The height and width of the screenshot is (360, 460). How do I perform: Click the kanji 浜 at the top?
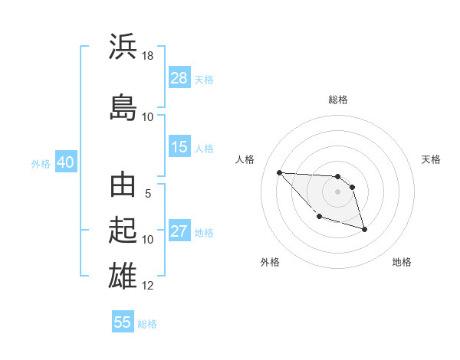point(123,47)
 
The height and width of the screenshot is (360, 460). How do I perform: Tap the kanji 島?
point(123,106)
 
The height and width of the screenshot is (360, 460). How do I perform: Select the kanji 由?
point(123,186)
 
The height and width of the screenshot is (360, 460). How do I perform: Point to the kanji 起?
point(123,231)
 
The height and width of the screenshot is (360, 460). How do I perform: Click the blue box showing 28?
point(179,78)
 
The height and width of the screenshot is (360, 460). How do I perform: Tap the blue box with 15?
point(179,147)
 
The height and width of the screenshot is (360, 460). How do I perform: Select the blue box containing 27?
point(179,232)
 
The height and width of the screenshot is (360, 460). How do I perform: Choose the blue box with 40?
point(65,162)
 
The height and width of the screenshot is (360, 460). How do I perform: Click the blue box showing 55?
point(123,322)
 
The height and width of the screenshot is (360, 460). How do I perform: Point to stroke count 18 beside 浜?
point(148,56)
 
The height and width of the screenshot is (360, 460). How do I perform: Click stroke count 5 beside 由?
point(148,194)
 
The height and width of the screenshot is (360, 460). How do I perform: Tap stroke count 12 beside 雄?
point(148,286)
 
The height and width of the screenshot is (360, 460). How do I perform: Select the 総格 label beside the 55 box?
point(147,323)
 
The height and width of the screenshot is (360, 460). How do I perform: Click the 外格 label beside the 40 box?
point(41,163)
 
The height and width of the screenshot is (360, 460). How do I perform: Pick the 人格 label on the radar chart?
point(245,159)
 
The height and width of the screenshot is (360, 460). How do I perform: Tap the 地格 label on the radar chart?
point(402,262)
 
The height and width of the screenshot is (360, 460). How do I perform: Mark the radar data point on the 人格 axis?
point(279,172)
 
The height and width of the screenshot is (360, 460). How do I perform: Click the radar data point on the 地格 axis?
point(364,229)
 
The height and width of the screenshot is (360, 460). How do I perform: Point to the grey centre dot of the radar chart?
point(337,191)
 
